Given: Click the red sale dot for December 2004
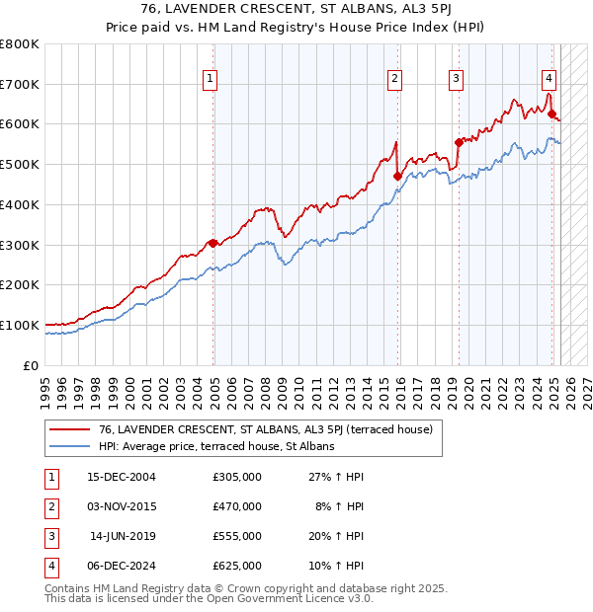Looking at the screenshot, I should click(x=212, y=243).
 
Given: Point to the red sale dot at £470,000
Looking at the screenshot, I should click(x=397, y=177).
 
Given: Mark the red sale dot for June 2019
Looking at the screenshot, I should click(x=459, y=142).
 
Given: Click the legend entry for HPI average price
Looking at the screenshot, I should click(x=216, y=446).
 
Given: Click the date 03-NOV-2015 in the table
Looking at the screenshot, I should click(x=122, y=506).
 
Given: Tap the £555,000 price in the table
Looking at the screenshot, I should click(x=237, y=536).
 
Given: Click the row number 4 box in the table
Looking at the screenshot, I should click(x=50, y=566).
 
